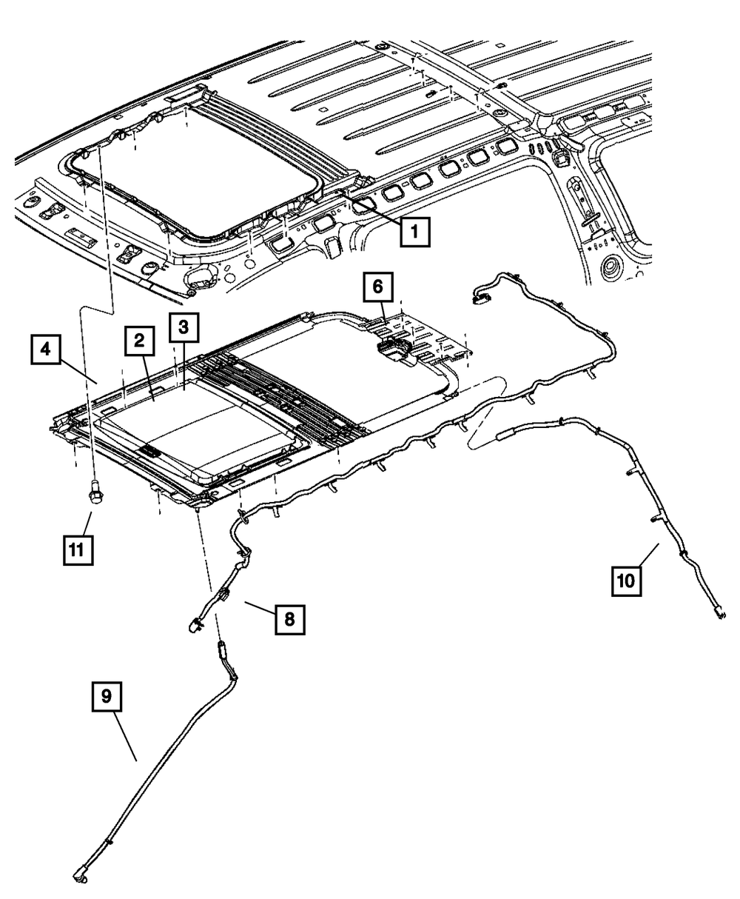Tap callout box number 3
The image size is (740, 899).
pos(184,327)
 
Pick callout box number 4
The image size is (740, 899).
pos(46,349)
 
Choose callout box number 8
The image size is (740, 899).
pos(289,619)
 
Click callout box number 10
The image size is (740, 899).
pos(626,580)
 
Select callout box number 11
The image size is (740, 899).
pos(78,549)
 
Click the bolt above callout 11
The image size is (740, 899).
pos(95,493)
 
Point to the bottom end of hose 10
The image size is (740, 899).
pos(719,613)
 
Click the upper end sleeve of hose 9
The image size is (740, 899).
pos(221,651)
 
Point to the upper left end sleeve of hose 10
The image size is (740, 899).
pos(506,435)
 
